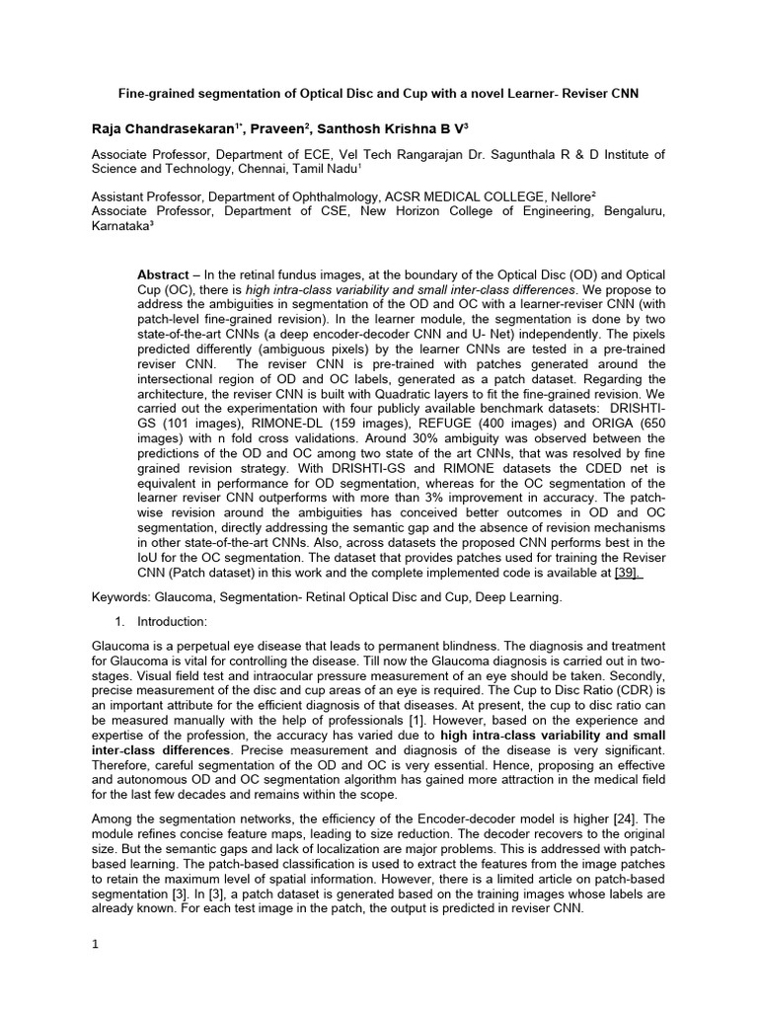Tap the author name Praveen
(299, 127)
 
